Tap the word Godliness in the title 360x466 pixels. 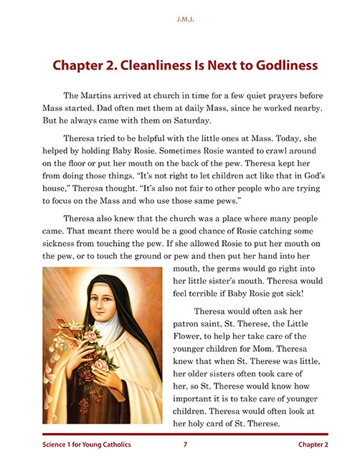[278, 65]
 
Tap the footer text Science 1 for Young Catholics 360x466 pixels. [87, 445]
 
